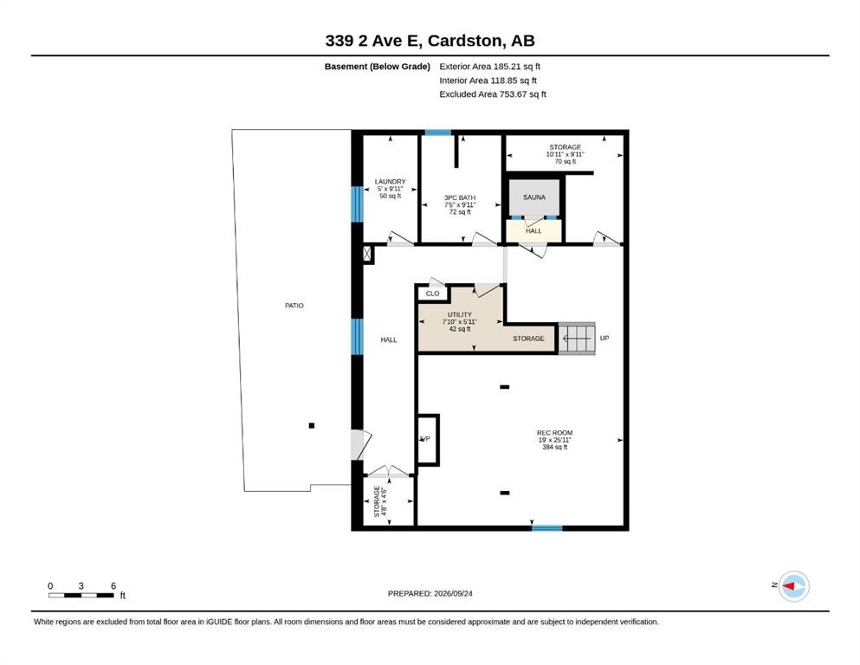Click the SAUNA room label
(x=533, y=197)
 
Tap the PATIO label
(x=294, y=306)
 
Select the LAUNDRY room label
(x=390, y=182)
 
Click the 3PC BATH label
(x=460, y=197)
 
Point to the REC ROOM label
(x=554, y=433)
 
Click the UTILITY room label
(x=460, y=314)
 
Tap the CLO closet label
(x=433, y=294)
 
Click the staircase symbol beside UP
(x=577, y=339)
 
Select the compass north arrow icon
(x=793, y=586)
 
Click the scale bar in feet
(x=81, y=595)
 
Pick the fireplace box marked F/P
(x=428, y=440)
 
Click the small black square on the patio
(x=312, y=425)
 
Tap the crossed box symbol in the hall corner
(x=367, y=254)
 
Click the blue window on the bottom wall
(x=546, y=528)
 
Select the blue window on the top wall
(x=437, y=132)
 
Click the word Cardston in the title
(x=464, y=41)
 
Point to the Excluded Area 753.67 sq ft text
(x=493, y=94)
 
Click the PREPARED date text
(x=430, y=593)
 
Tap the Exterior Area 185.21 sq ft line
(x=490, y=67)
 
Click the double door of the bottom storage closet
(x=388, y=471)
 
